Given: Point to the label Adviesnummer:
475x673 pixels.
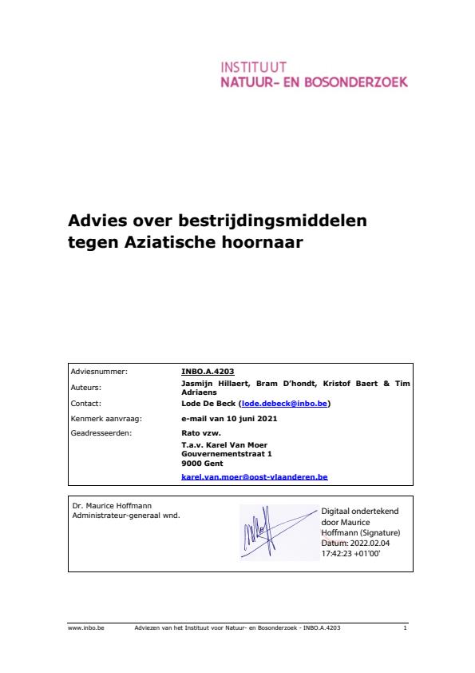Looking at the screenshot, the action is point(99,372).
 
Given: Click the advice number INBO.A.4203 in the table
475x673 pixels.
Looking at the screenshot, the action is point(208,372).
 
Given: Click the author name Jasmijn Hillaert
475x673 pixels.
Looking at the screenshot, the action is point(216,384).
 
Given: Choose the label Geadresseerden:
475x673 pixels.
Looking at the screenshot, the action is point(101,433).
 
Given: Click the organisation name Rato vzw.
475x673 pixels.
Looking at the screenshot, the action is point(198,433).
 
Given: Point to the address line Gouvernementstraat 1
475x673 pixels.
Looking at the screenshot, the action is point(227,454).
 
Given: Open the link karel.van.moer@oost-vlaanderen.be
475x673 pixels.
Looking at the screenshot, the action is point(255,477).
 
